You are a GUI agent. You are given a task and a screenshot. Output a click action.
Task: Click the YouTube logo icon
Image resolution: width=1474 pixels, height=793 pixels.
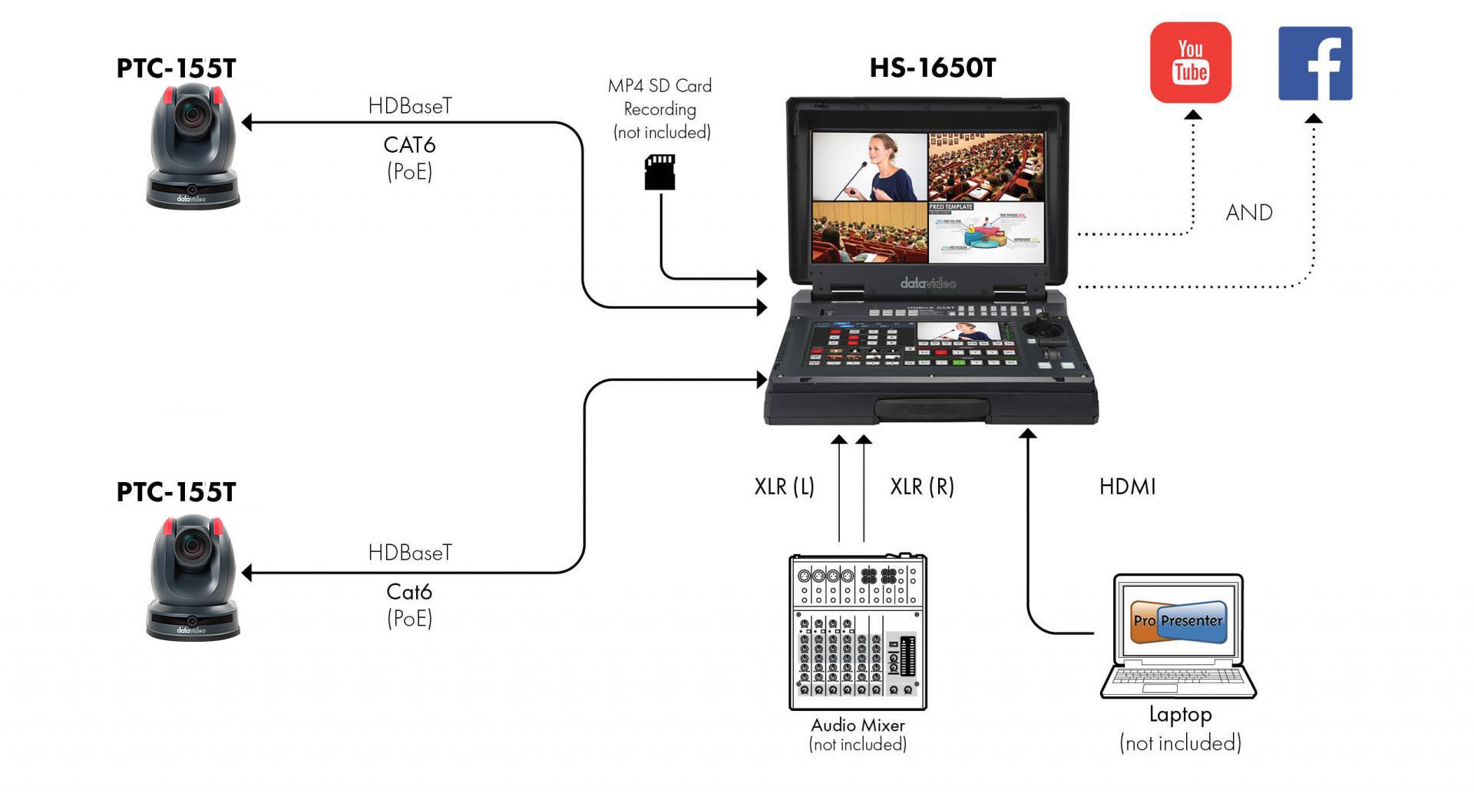tap(1190, 62)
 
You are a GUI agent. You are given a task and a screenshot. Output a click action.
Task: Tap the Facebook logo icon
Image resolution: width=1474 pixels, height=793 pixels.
tap(1314, 64)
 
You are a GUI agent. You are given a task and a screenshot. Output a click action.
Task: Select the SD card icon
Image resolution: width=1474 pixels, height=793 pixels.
tap(659, 172)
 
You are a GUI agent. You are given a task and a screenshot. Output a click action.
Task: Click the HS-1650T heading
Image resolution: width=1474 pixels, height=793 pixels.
tap(932, 68)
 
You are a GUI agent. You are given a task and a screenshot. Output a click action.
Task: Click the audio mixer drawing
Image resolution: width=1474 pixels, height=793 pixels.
tap(858, 631)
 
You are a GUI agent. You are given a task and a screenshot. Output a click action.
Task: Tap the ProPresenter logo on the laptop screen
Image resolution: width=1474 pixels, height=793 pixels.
tap(1178, 620)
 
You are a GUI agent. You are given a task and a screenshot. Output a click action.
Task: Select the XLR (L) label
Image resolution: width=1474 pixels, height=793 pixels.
tap(784, 487)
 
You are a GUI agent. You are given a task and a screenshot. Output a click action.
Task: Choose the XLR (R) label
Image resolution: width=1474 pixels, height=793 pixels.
tap(921, 487)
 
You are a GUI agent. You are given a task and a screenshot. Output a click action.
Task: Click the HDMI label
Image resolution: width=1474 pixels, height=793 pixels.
tap(1127, 487)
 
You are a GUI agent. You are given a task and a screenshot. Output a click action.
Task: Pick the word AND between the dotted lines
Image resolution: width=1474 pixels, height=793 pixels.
tap(1249, 213)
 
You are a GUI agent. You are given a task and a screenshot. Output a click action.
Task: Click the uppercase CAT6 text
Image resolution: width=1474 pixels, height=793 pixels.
tap(409, 145)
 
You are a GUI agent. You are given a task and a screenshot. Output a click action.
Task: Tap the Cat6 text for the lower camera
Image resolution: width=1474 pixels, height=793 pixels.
tap(409, 592)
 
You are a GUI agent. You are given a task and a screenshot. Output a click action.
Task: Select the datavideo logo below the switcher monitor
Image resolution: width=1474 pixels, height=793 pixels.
tap(927, 283)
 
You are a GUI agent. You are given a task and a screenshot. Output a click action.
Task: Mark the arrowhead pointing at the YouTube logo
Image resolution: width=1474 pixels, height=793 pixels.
tap(1192, 115)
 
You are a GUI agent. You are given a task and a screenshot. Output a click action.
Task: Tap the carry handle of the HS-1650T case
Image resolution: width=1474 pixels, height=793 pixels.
tap(931, 410)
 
